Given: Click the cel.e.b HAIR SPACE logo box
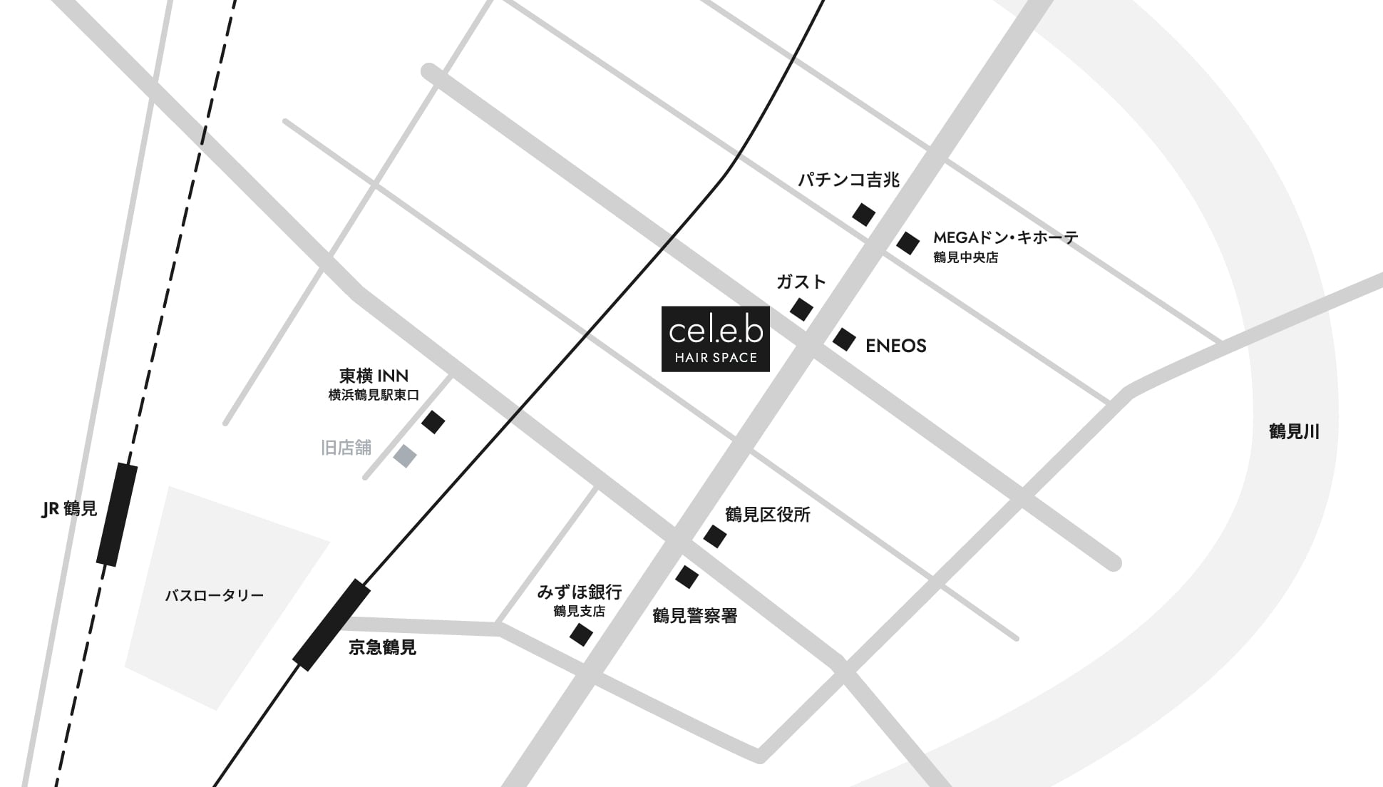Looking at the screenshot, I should (x=715, y=339).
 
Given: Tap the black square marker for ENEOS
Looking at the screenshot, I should (x=844, y=339).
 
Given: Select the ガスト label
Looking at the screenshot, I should (x=801, y=282).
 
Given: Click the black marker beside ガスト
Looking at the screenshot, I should (x=801, y=309).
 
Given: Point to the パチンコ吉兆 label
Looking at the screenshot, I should (x=848, y=180).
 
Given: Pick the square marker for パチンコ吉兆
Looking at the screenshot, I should (x=863, y=214).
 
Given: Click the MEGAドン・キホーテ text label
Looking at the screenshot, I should (x=1005, y=237).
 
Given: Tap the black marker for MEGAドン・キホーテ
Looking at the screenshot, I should (x=908, y=243).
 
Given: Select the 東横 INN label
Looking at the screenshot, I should (x=374, y=376).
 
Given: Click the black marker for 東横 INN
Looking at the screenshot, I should (x=433, y=422).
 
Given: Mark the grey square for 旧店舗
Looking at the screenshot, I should (x=405, y=456).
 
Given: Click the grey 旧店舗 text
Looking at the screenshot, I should (x=346, y=448).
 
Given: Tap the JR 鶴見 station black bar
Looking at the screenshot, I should (x=117, y=515).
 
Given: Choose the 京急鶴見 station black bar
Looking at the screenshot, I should (x=331, y=625).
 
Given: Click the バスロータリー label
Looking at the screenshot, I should (x=214, y=595).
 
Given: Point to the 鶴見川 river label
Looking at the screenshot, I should (x=1294, y=431).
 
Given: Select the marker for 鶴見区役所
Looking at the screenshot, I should (x=715, y=536).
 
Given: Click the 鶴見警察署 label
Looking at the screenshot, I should (x=694, y=616).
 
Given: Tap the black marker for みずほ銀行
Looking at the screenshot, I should (x=581, y=634).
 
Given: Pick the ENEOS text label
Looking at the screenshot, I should (x=895, y=346).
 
